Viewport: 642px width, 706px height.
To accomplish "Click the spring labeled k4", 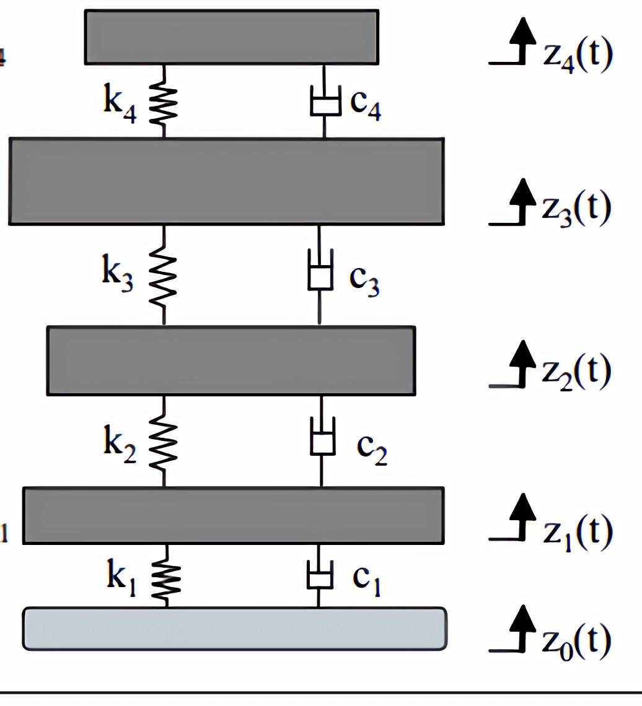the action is click(x=165, y=100).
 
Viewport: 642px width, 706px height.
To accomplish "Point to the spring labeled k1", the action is click(x=167, y=576).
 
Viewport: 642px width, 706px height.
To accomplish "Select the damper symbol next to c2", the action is click(x=322, y=440).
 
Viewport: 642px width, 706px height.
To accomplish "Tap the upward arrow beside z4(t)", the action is click(x=524, y=41).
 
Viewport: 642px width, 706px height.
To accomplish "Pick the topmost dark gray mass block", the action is click(x=232, y=37).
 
